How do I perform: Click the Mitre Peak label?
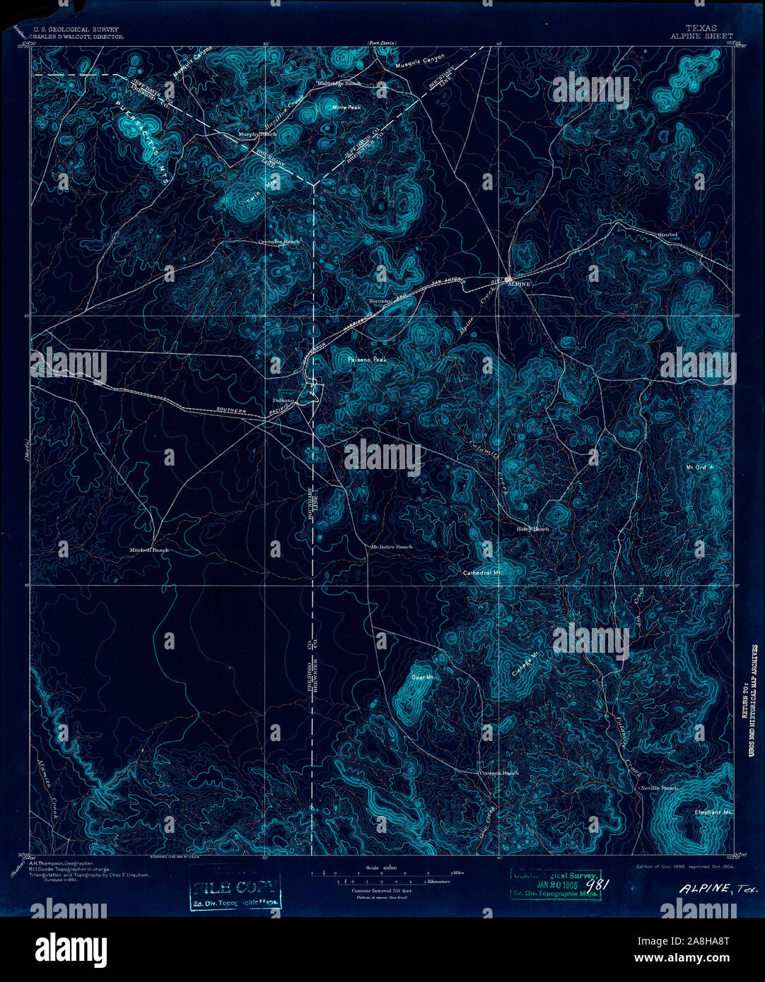pyautogui.click(x=346, y=107)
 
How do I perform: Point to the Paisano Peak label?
pyautogui.click(x=367, y=360)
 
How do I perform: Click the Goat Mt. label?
pyautogui.click(x=421, y=676)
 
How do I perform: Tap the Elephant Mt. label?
pyautogui.click(x=713, y=812)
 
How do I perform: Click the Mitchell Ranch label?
pyautogui.click(x=149, y=550)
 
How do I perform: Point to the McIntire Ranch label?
pyautogui.click(x=392, y=547)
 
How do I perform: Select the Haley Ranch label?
pyautogui.click(x=532, y=528)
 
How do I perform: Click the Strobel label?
pyautogui.click(x=667, y=234)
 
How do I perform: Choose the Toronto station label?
pyautogui.click(x=380, y=302)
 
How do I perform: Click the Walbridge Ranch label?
pyautogui.click(x=339, y=83)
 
